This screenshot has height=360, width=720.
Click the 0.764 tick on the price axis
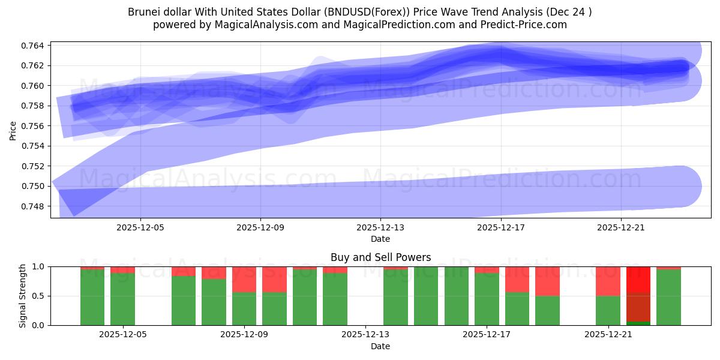point(34,46)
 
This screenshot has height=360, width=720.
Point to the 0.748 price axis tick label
point(34,206)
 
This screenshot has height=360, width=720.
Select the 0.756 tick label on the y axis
point(34,126)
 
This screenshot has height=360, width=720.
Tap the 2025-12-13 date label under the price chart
point(380,228)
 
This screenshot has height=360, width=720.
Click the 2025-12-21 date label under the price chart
point(620,228)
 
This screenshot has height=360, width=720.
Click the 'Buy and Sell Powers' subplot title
point(380,257)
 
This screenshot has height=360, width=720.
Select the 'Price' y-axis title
point(13,130)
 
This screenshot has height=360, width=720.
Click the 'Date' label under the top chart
point(380,239)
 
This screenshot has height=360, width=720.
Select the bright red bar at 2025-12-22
point(638,280)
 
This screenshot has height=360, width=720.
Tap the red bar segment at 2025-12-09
point(244,279)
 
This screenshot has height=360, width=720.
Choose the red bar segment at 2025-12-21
point(608,281)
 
